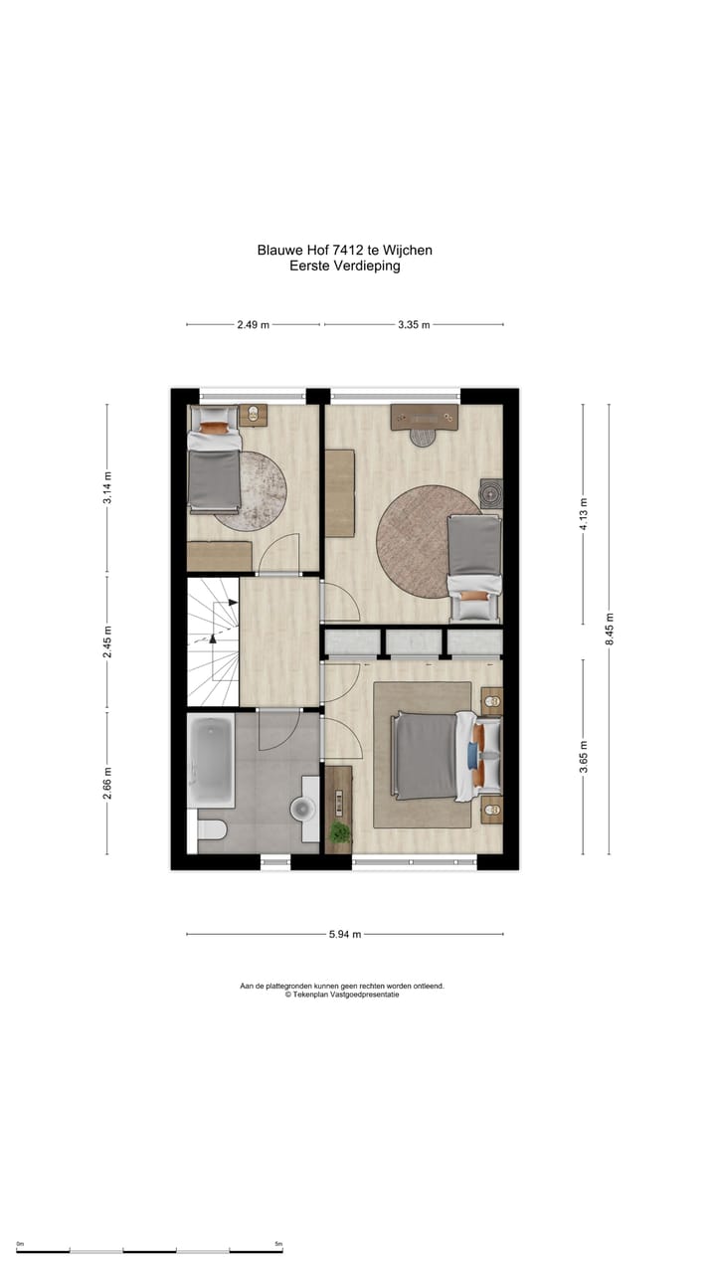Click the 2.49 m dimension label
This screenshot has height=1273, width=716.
(x=253, y=324)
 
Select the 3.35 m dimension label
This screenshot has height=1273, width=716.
(x=414, y=324)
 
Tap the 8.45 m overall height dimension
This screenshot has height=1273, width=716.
(x=610, y=630)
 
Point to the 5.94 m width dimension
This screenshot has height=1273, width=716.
(x=344, y=934)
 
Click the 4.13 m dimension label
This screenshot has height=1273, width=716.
(x=584, y=514)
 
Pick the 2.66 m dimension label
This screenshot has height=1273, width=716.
(x=107, y=783)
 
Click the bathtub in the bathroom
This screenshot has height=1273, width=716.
(x=211, y=763)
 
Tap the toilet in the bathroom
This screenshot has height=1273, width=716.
(x=213, y=829)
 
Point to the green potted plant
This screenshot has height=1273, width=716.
(x=340, y=831)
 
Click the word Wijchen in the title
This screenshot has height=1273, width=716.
(x=410, y=251)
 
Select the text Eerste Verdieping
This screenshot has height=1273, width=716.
(x=344, y=266)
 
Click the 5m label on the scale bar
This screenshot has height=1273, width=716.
(x=278, y=1244)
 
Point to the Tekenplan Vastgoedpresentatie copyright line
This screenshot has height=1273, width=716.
(x=341, y=995)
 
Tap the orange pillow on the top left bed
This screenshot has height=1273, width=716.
(x=213, y=429)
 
